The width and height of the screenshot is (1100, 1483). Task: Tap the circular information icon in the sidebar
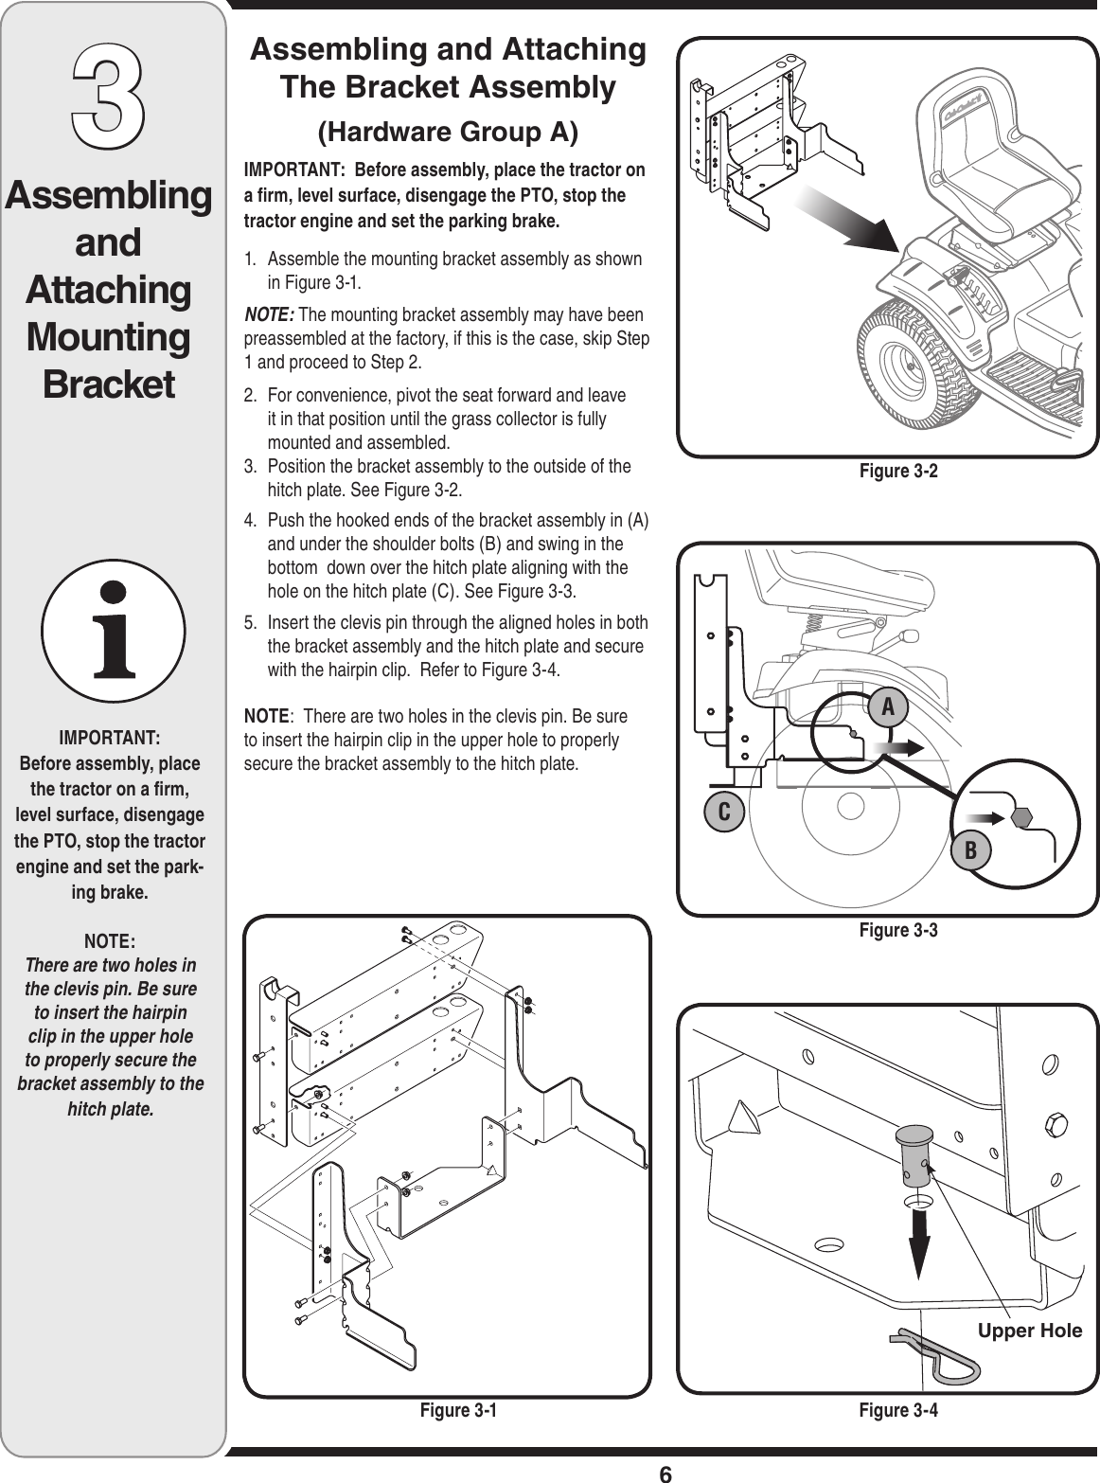[113, 630]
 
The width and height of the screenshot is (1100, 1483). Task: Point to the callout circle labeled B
[971, 849]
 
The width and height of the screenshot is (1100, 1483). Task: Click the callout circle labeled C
[723, 813]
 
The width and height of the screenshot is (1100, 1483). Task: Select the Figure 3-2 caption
[897, 471]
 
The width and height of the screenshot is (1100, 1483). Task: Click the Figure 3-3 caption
[897, 930]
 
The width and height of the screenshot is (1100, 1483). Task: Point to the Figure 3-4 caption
[897, 1410]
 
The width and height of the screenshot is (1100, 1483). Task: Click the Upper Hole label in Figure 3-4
[1029, 1331]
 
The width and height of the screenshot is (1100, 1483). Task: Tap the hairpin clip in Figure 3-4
[936, 1350]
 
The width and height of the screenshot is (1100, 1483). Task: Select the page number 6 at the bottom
[665, 1474]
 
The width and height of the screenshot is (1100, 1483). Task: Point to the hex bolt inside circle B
[1020, 815]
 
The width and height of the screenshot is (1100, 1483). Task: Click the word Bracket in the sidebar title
[109, 384]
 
